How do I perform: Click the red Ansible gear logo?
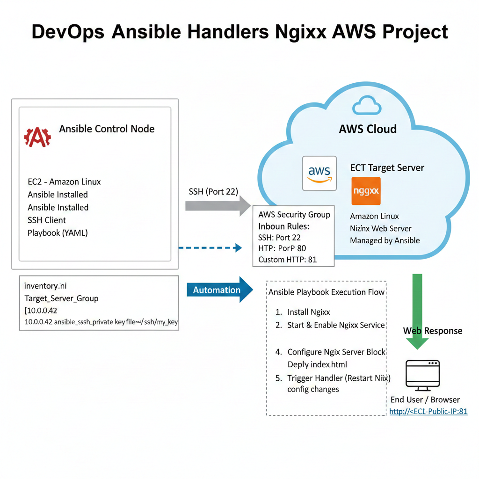pos(37,137)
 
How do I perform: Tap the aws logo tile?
pos(319,174)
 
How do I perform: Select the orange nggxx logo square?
pos(366,191)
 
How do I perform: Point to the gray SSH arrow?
pos(218,206)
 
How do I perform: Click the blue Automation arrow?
pos(220,290)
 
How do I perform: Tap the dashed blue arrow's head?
pos(238,248)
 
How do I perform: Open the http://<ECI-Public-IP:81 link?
pos(428,412)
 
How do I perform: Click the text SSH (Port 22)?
pos(213,191)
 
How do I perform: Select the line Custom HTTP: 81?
pos(288,260)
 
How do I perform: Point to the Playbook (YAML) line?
pos(58,233)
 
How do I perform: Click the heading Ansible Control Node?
pos(107,129)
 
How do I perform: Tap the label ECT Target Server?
pos(387,168)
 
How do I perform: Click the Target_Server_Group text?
pos(61,298)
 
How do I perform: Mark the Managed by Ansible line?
pos(385,241)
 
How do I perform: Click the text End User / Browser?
pos(425,399)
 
